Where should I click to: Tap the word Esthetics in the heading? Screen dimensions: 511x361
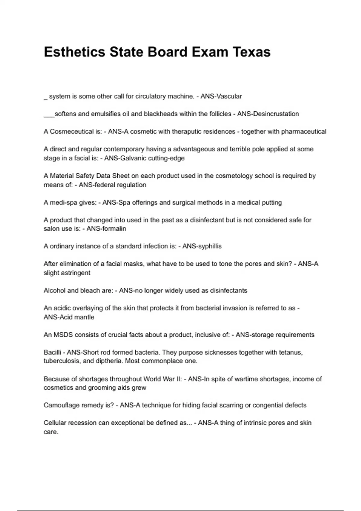click(x=74, y=52)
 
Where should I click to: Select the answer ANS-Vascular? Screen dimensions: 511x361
click(x=221, y=96)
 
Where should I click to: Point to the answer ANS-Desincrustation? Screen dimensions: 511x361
click(x=268, y=114)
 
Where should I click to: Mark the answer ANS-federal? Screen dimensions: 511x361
click(x=97, y=185)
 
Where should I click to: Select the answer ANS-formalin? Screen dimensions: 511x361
click(x=106, y=229)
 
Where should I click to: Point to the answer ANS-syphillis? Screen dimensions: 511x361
click(x=202, y=246)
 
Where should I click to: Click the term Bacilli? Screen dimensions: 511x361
click(x=52, y=352)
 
